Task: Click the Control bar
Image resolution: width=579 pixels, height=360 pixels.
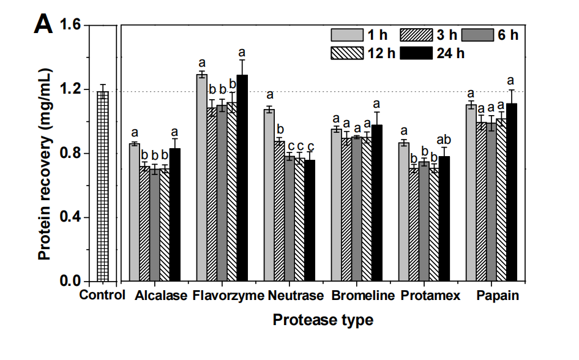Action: (x=102, y=187)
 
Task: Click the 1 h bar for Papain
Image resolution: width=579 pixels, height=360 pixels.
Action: (x=471, y=193)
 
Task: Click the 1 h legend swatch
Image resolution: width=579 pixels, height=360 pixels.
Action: (x=343, y=36)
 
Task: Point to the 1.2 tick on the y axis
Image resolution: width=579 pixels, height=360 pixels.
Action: (x=73, y=90)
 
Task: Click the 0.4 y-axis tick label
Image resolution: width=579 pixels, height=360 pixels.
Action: (x=73, y=218)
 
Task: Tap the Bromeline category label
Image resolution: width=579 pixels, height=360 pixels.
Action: (x=363, y=296)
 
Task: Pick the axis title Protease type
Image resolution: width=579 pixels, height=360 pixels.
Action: (x=323, y=320)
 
